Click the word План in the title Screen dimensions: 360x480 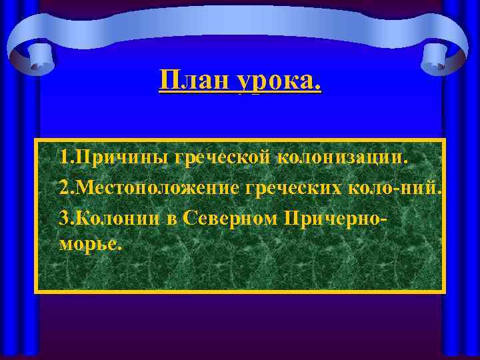click(193, 81)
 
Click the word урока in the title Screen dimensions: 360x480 click(273, 83)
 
